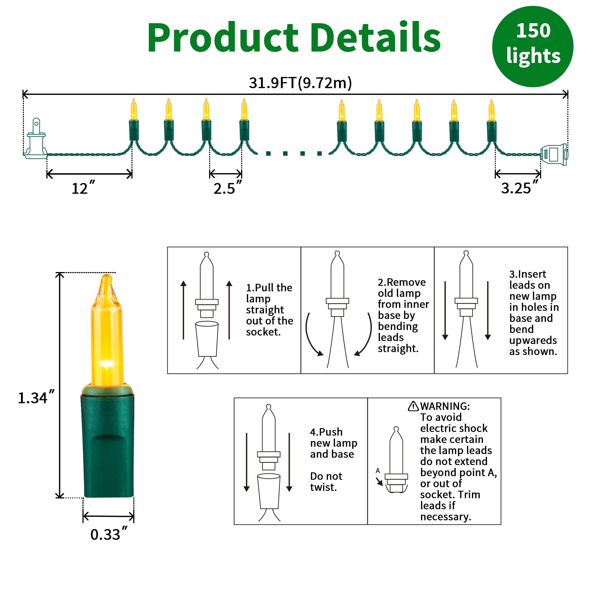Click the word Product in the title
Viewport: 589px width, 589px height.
point(223,38)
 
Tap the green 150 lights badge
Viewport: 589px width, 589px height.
point(533,46)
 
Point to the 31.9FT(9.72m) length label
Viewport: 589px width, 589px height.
point(300,83)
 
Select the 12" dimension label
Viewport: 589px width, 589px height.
point(83,188)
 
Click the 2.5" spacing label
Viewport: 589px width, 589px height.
point(227,188)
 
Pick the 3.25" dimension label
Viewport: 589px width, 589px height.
point(519,188)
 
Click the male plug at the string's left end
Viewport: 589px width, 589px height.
point(36,140)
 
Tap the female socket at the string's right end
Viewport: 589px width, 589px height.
point(554,155)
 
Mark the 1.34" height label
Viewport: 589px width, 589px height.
point(36,398)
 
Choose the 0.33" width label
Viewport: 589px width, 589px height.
point(109,534)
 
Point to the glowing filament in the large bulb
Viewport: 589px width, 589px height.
point(107,364)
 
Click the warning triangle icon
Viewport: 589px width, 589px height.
point(413,406)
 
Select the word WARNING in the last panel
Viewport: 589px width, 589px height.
point(445,406)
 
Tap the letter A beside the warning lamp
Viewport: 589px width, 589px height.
point(378,470)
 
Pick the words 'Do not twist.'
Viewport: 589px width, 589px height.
point(326,482)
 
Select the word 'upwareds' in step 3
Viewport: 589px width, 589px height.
point(533,340)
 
